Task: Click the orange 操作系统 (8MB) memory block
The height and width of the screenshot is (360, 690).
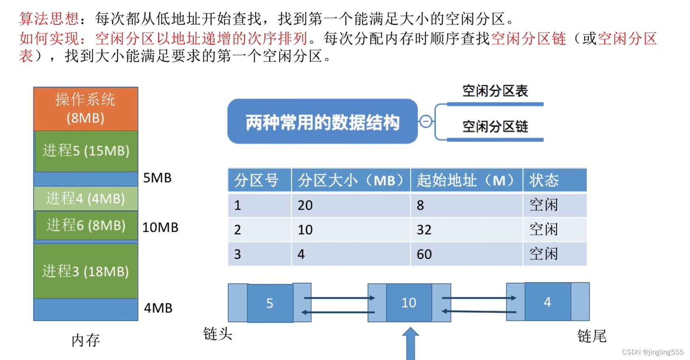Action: point(85,109)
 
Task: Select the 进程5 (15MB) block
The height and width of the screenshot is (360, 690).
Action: point(86,151)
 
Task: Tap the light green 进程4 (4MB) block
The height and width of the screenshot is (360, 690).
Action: point(86,198)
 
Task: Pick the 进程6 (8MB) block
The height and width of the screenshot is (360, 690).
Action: point(86,225)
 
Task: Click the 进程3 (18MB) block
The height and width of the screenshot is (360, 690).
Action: point(86,271)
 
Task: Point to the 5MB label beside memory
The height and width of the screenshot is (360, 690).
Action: point(157,178)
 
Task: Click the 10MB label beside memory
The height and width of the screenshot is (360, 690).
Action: point(160,227)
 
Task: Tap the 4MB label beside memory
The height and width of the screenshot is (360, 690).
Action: point(158,308)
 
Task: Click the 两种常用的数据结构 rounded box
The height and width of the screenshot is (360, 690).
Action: point(322,122)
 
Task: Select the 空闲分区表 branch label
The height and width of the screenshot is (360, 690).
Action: point(495,91)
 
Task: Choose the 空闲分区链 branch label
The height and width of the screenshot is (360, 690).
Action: point(495,126)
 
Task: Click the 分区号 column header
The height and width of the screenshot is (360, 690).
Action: point(257,180)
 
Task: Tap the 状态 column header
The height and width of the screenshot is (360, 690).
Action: point(544,180)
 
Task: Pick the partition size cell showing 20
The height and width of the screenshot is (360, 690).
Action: point(305,205)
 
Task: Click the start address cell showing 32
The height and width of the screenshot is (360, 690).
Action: point(424,230)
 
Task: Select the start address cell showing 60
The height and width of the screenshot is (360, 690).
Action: point(424,254)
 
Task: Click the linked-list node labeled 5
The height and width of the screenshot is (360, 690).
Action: point(270,303)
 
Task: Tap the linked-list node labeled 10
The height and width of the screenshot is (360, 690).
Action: point(409,303)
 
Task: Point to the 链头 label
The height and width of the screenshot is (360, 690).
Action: point(218,334)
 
